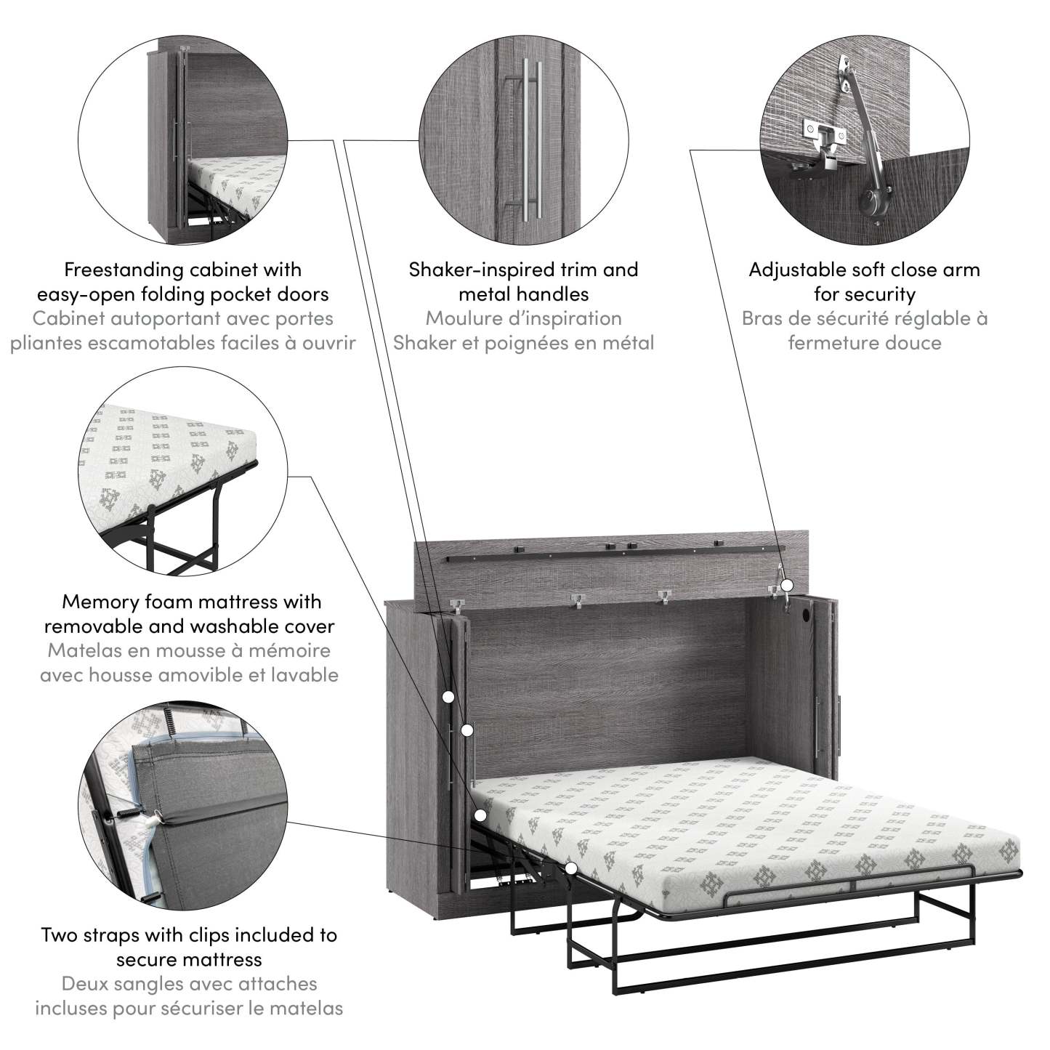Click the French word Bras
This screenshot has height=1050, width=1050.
tap(763, 318)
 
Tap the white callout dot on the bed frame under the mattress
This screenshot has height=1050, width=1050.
tap(570, 868)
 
